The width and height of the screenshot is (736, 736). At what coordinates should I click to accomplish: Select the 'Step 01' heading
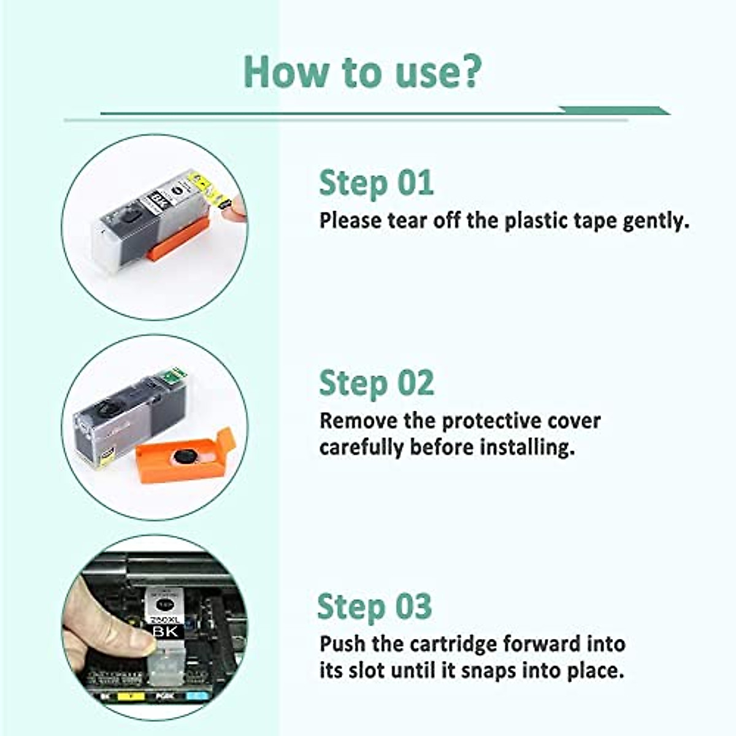coord(376,183)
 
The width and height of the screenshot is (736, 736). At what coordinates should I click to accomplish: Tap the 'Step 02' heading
coord(376,383)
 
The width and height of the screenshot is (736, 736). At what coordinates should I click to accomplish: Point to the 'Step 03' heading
coord(374,607)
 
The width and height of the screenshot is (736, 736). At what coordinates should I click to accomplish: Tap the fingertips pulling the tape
coord(235,209)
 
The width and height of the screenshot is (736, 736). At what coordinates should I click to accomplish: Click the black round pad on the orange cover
coord(185,456)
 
